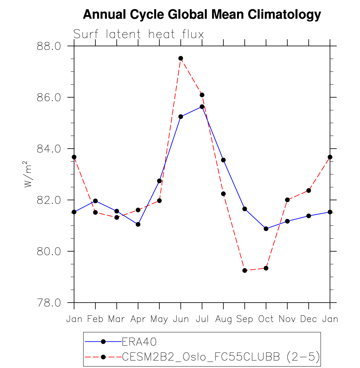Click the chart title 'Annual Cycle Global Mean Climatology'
coord(202,14)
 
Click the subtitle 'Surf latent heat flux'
coord(138,34)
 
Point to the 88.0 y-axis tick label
coord(49,46)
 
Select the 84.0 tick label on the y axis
coord(49,149)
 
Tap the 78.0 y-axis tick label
coord(49,303)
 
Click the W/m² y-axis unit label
coord(28,174)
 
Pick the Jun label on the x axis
coord(181,319)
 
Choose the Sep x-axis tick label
coord(245,319)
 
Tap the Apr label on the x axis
coord(138,319)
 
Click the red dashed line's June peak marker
coord(181,58)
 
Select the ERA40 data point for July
coord(202,107)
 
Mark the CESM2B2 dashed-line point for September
coord(245,270)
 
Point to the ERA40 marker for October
coord(266,229)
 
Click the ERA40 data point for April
coord(138,224)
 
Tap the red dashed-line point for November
coord(287,200)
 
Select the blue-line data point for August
coord(223,160)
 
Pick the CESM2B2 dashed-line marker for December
coord(308,190)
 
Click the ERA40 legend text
coord(139,342)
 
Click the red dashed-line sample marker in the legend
coord(103,357)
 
